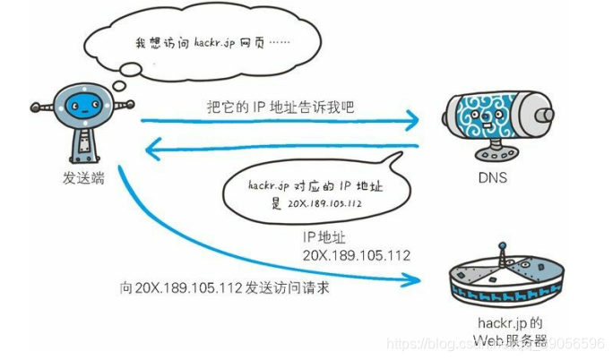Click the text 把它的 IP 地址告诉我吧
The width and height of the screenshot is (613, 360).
point(280,106)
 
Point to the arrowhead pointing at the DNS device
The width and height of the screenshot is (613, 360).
point(414,119)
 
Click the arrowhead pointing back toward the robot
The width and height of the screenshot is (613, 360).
point(153,146)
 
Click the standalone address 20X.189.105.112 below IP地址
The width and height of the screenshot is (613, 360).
point(354,255)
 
